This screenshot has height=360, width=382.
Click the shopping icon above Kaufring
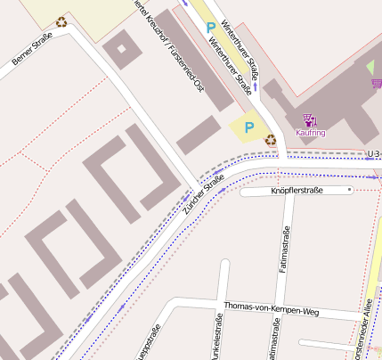click(309, 119)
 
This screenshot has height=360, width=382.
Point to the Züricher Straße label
click(203, 197)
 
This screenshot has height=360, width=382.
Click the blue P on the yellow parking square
click(248, 128)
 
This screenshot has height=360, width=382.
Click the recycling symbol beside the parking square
click(270, 138)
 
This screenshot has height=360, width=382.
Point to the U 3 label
click(374, 153)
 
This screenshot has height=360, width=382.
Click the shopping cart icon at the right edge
click(377, 84)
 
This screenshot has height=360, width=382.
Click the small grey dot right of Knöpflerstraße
click(350, 190)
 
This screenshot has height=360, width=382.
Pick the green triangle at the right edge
click(370, 67)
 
